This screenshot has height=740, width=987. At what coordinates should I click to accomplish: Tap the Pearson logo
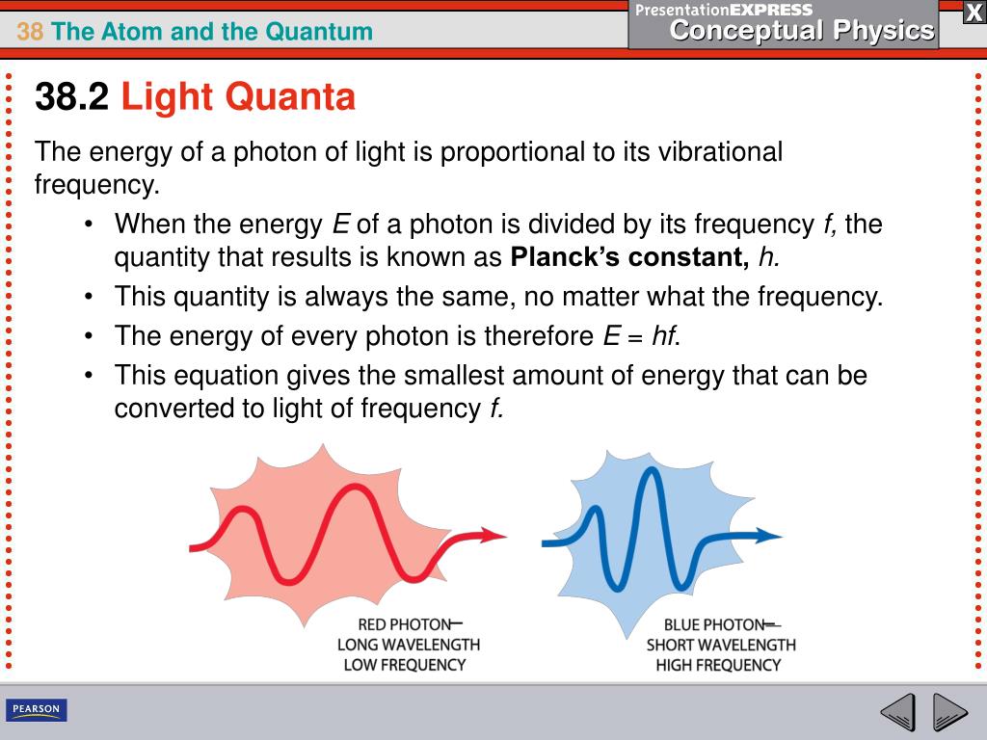[x=36, y=710]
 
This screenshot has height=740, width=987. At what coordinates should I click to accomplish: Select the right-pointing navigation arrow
[x=950, y=713]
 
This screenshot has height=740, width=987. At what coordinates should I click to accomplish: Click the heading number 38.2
[x=72, y=96]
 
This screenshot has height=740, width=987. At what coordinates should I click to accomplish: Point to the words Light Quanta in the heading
[x=238, y=96]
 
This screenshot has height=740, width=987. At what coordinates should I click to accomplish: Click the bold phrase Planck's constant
[x=629, y=258]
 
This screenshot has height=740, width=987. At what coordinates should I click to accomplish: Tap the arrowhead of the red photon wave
[x=495, y=535]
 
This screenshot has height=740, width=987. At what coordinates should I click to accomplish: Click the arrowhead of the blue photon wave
[x=772, y=536]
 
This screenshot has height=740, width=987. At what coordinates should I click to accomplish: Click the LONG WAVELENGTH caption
[x=409, y=644]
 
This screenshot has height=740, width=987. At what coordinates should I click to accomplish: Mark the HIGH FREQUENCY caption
[x=718, y=665]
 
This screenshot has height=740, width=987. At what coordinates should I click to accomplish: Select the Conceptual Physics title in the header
[x=802, y=31]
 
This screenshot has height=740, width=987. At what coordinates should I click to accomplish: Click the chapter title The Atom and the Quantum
[x=212, y=32]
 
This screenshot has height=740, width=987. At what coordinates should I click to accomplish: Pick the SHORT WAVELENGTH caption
[x=721, y=645]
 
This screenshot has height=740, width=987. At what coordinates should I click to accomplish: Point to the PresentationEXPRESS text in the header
[x=724, y=10]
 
